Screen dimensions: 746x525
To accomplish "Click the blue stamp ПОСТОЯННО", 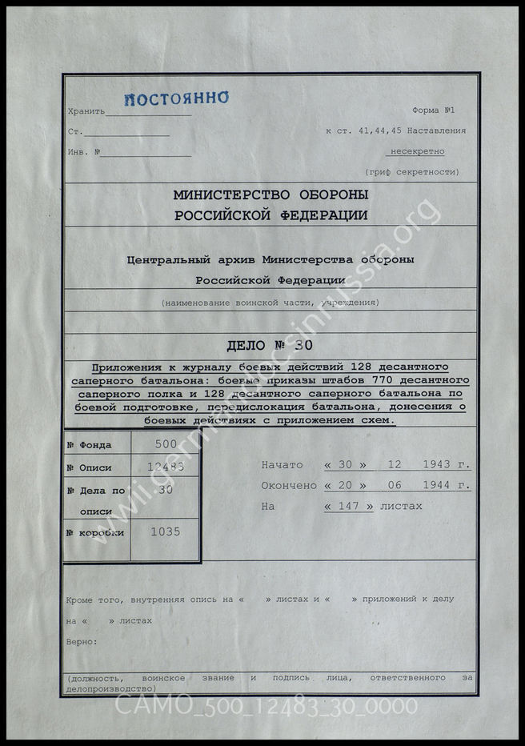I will [176, 98].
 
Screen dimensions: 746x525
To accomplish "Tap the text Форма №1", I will [433, 110].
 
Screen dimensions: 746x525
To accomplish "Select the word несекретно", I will [417, 151].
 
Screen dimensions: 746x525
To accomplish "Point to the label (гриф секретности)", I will [411, 172].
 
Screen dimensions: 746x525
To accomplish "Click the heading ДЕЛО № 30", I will [270, 347].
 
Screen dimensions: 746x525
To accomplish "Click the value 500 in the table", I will [165, 444].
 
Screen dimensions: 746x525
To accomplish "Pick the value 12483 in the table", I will [165, 467].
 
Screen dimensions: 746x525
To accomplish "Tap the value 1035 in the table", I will [165, 531].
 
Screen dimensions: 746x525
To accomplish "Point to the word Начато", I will [282, 465].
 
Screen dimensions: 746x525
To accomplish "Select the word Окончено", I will [289, 486].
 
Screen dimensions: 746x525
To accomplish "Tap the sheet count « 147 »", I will [349, 507].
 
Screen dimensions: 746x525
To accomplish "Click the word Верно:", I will [82, 641].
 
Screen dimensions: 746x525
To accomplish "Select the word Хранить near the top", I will [86, 110].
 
